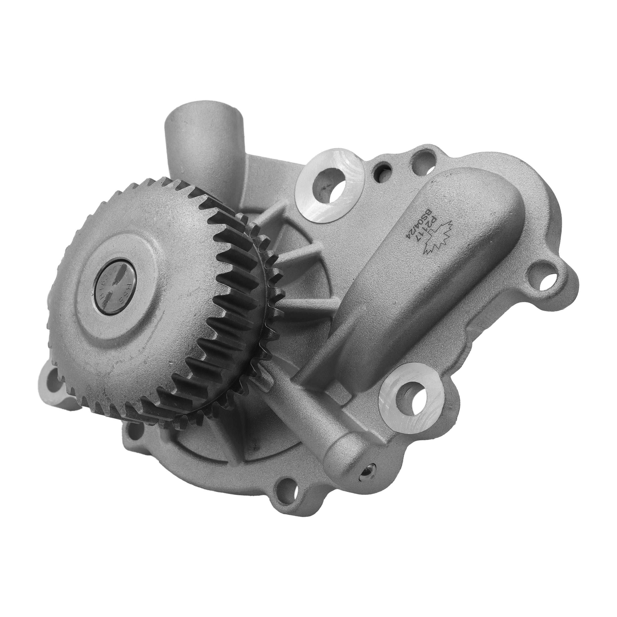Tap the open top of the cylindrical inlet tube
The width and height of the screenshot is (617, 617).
pyautogui.click(x=204, y=120)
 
